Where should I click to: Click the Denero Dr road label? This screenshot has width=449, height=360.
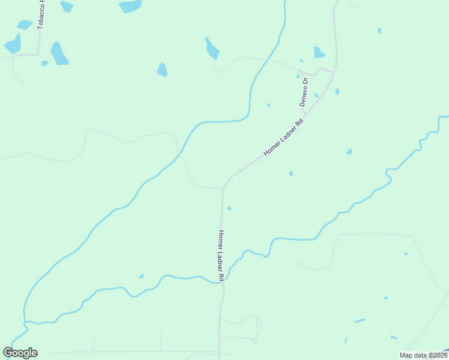pos(305,92)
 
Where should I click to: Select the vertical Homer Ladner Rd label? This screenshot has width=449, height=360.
pos(221,256)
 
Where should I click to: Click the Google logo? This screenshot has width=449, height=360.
pos(20,353)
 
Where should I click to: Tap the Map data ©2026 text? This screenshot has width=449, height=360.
pos(423,355)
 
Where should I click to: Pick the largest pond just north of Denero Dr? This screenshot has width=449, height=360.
pos(318,52)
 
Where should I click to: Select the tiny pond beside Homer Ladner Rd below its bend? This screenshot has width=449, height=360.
pos(229,208)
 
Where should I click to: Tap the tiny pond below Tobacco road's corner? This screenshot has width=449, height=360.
pos(44,63)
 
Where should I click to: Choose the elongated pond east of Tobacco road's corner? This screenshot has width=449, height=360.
pos(59,53)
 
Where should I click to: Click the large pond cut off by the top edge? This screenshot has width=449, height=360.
pos(130,6)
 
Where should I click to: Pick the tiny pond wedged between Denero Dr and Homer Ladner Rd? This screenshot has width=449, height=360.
pos(316,95)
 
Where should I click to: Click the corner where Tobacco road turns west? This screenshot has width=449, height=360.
pos(38,54)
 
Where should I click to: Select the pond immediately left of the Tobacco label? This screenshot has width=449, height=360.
pos(25,25)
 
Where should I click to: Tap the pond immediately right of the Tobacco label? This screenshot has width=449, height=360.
pos(66,7)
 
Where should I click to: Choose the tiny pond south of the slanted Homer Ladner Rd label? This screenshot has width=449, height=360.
pos(291,173)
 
